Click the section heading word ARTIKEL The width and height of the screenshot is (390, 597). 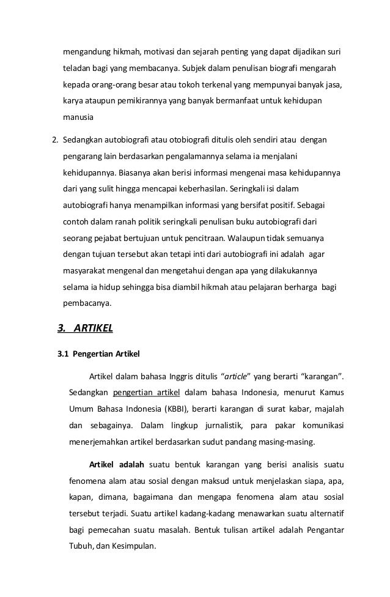[x=93, y=328]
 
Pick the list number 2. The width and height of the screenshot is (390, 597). [x=54, y=140]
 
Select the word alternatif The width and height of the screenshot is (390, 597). [x=323, y=508]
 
